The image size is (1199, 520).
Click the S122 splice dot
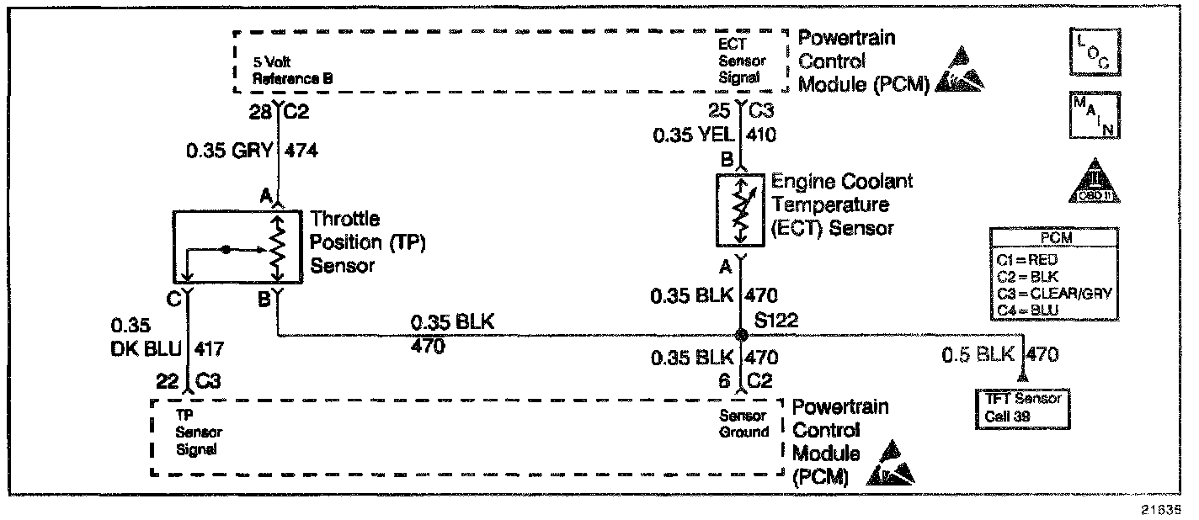pos(741,335)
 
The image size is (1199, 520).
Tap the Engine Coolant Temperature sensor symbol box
pos(740,210)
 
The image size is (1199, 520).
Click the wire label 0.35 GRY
pos(230,151)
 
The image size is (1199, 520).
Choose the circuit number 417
pos(210,348)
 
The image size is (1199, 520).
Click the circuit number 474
pos(303,151)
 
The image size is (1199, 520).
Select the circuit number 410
pos(761,135)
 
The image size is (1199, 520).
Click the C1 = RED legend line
pos(1033,261)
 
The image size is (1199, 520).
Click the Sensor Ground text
pos(743,424)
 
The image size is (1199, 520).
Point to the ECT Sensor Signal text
pos(742,60)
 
